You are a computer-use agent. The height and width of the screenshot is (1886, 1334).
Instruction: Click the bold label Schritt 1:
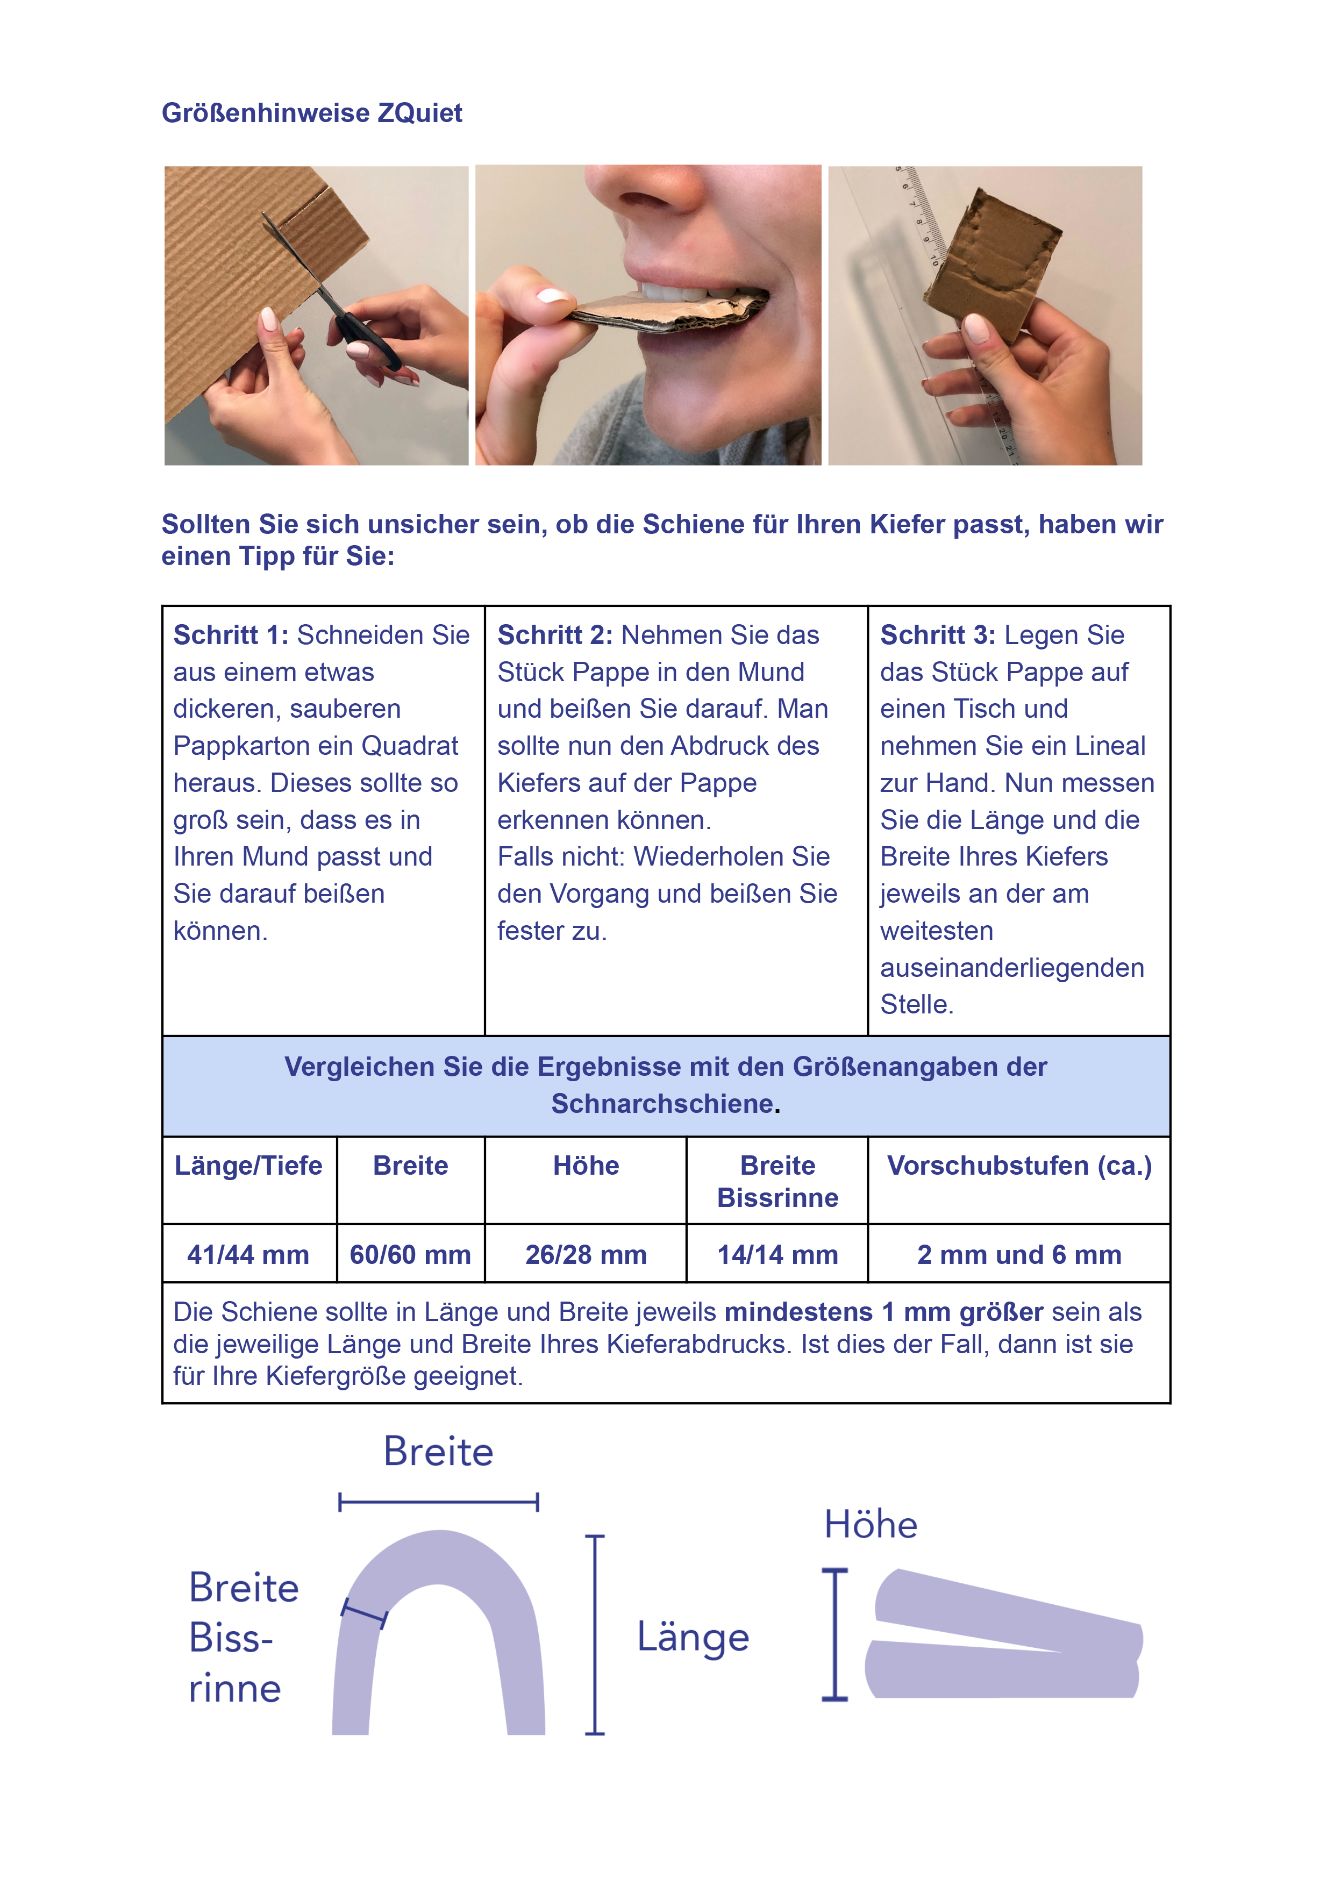(x=231, y=635)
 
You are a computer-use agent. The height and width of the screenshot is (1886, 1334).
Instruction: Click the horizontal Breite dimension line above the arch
(x=439, y=1502)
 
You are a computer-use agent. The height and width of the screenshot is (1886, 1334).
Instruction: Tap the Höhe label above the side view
(x=871, y=1525)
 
